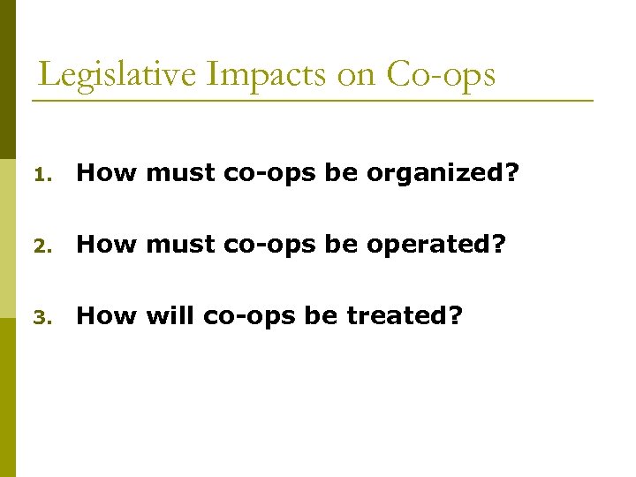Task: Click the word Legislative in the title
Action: tap(117, 74)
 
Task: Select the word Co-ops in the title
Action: tap(441, 74)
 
